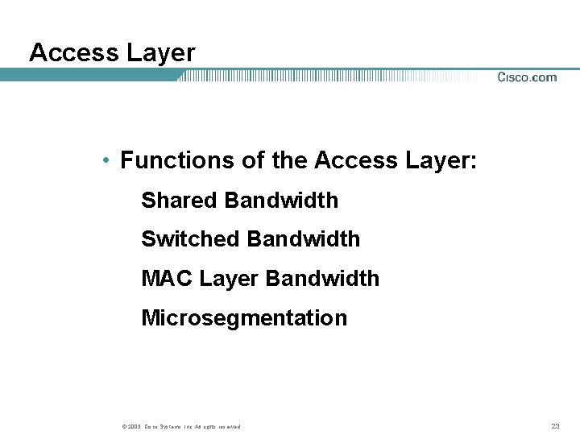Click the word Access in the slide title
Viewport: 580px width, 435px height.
(x=73, y=53)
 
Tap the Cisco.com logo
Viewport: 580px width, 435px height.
(x=527, y=77)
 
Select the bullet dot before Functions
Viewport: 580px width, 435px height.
(x=106, y=161)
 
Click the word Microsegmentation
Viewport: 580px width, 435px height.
(x=244, y=318)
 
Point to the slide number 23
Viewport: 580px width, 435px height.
(x=555, y=426)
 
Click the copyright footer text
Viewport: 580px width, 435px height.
(x=182, y=426)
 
